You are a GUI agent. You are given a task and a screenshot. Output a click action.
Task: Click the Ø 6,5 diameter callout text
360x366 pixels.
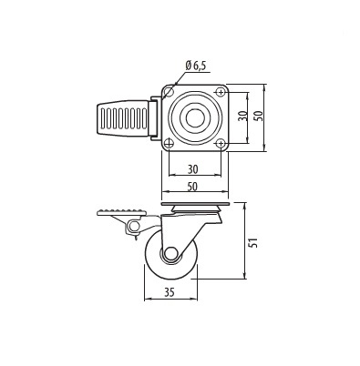pyautogui.click(x=197, y=66)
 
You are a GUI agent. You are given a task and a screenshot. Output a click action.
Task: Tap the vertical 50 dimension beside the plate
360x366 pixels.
pyautogui.click(x=259, y=116)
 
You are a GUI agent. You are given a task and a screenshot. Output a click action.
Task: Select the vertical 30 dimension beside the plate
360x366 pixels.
pyautogui.click(x=242, y=116)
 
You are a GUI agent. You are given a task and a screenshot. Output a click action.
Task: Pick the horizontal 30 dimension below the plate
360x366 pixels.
pyautogui.click(x=193, y=169)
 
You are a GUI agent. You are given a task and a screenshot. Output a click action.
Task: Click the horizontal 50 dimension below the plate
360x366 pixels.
pyautogui.click(x=192, y=187)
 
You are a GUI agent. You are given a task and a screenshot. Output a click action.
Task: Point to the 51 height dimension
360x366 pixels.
pyautogui.click(x=253, y=242)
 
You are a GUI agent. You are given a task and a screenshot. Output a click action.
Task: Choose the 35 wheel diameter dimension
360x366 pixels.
pyautogui.click(x=170, y=292)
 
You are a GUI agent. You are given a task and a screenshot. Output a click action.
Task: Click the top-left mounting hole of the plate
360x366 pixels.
pyautogui.click(x=169, y=90)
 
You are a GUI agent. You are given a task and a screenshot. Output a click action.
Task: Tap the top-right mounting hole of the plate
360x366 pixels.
pyautogui.click(x=221, y=91)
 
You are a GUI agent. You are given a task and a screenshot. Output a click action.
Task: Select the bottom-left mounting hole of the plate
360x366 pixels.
pyautogui.click(x=169, y=143)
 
